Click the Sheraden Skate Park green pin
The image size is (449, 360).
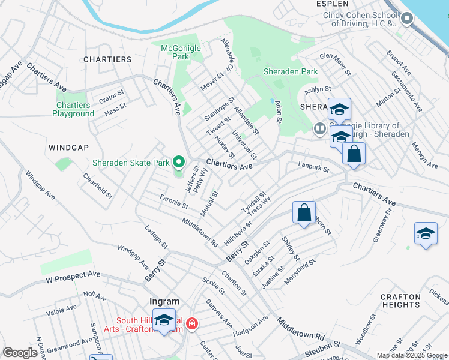pyautogui.click(x=178, y=162)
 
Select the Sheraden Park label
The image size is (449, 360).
pyautogui.click(x=291, y=71)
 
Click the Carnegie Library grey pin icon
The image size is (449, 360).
pyautogui.click(x=320, y=128)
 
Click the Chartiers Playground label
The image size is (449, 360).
pyautogui.click(x=73, y=109)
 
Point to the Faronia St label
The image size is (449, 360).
pyautogui.click(x=173, y=201)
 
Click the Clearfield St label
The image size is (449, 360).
pyautogui.click(x=98, y=187)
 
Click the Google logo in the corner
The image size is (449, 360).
pyautogui.click(x=20, y=353)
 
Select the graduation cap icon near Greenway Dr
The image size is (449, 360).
pyautogui.click(x=426, y=233)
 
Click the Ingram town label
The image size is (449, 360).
pyautogui.click(x=164, y=301)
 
